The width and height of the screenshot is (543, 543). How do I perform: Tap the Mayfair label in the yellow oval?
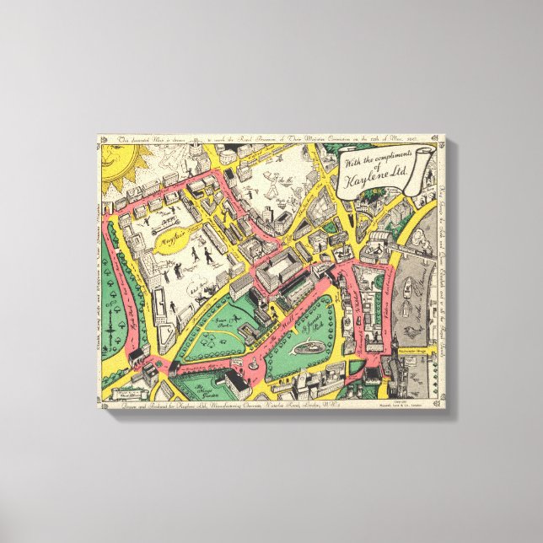173,239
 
